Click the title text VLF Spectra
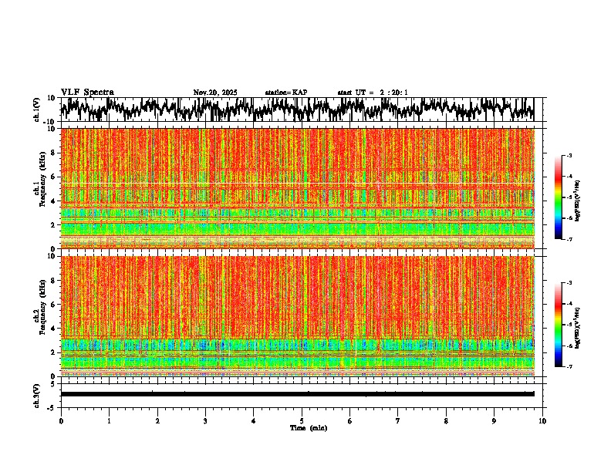pos(87,93)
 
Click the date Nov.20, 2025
pos(214,93)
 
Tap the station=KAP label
pos(286,93)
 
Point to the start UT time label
pos(373,93)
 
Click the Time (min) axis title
pos(308,427)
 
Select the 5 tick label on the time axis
pos(302,420)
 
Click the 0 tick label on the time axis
pos(61,420)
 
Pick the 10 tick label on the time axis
pos(542,420)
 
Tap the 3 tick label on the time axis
pos(205,420)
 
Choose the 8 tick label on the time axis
pos(446,420)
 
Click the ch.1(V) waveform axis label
pos(37,110)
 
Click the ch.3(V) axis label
pos(37,394)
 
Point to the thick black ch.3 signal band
pos(297,394)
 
